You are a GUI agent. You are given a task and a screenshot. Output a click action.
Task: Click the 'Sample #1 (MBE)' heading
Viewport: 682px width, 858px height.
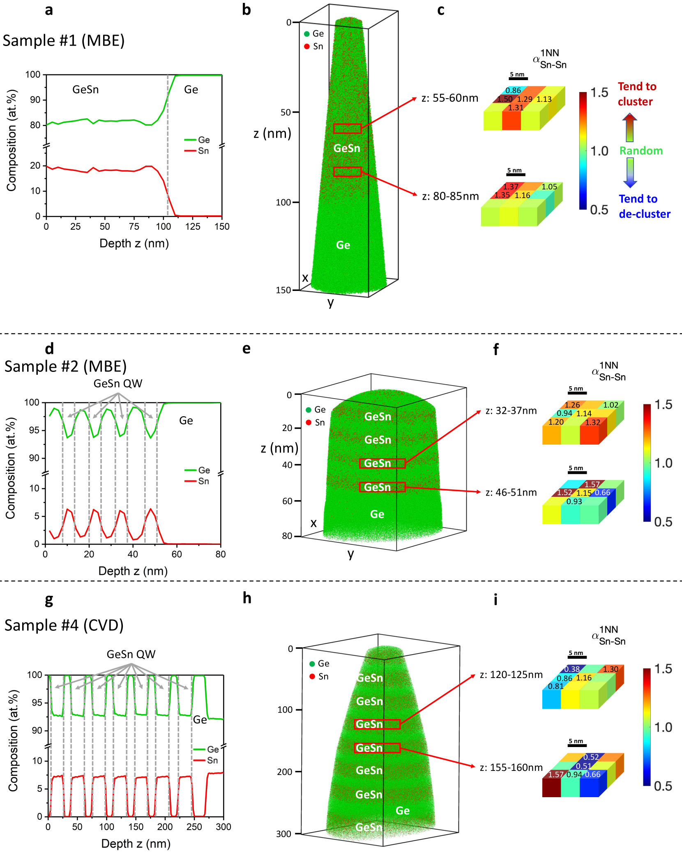pyautogui.click(x=64, y=41)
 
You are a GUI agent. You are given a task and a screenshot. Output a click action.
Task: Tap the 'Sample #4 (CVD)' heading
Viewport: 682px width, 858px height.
pyautogui.click(x=64, y=625)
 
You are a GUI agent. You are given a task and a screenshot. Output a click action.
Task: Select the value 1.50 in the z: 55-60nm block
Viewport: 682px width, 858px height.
pyautogui.click(x=505, y=99)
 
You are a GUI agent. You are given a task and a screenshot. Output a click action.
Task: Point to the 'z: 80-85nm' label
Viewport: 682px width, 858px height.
pyautogui.click(x=450, y=196)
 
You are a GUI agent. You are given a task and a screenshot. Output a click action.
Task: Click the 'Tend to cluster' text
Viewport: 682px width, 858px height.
pyautogui.click(x=637, y=94)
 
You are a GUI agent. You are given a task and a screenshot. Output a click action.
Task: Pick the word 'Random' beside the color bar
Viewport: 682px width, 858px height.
pyautogui.click(x=641, y=151)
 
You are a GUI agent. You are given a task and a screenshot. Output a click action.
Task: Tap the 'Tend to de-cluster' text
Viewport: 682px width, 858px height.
pyautogui.click(x=644, y=206)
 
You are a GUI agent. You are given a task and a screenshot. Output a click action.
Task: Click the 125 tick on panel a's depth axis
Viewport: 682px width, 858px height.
pyautogui.click(x=193, y=226)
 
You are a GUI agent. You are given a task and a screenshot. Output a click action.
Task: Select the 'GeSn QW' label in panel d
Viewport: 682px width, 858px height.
pyautogui.click(x=118, y=383)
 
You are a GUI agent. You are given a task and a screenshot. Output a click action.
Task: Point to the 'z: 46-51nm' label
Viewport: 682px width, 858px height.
pyautogui.click(x=511, y=492)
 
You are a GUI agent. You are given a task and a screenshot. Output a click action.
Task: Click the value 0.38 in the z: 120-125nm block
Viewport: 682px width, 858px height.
pyautogui.click(x=572, y=669)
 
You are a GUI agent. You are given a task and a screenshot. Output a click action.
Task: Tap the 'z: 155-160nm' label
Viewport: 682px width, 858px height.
pyautogui.click(x=511, y=768)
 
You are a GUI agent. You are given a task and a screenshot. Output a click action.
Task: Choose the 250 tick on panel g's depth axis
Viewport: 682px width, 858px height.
pyautogui.click(x=194, y=827)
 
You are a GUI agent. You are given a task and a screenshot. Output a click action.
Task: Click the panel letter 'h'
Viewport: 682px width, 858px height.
pyautogui.click(x=247, y=598)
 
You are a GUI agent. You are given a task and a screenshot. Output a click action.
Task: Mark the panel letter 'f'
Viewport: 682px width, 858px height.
pyautogui.click(x=496, y=349)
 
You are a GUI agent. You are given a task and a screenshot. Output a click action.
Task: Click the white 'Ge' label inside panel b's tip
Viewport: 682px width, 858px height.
pyautogui.click(x=343, y=245)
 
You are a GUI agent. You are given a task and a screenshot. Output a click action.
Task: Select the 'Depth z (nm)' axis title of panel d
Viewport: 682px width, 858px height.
pyautogui.click(x=133, y=571)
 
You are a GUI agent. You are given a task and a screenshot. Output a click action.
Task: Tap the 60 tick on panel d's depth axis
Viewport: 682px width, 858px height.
pyautogui.click(x=177, y=554)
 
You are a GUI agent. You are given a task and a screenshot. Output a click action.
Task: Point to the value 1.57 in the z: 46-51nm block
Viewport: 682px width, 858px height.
pyautogui.click(x=592, y=484)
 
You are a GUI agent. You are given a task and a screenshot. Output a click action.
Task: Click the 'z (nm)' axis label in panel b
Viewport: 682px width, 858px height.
pyautogui.click(x=272, y=133)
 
